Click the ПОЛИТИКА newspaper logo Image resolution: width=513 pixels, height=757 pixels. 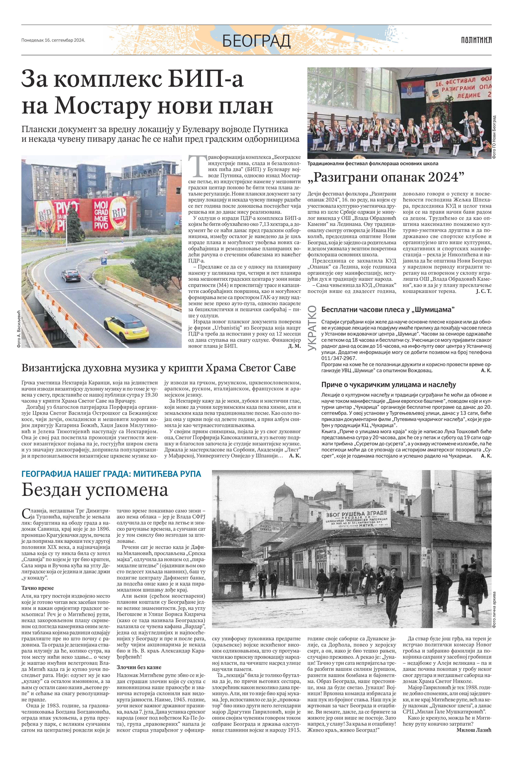tap(476, 40)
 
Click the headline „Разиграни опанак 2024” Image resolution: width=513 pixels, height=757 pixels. tap(385, 177)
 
